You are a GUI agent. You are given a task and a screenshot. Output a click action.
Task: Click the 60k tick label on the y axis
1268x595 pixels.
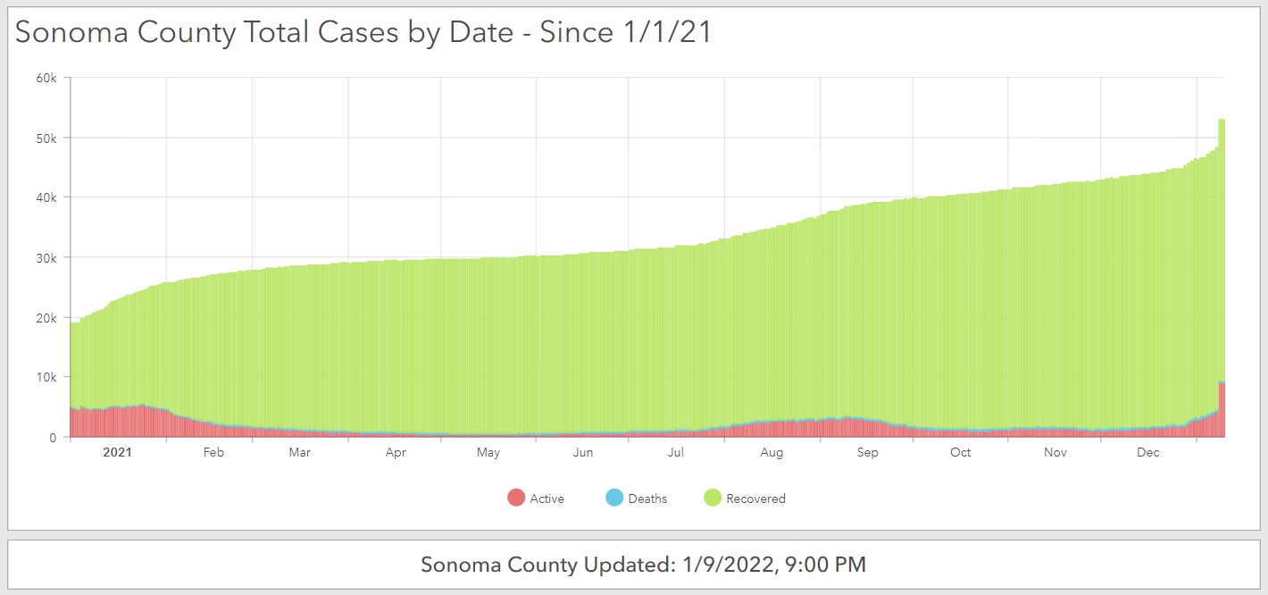tap(46, 78)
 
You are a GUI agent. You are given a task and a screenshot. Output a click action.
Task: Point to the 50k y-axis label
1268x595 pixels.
tap(46, 138)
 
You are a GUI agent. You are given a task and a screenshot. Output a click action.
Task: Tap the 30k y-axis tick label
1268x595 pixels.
tap(46, 257)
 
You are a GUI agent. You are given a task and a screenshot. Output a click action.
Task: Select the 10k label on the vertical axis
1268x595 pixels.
tap(46, 377)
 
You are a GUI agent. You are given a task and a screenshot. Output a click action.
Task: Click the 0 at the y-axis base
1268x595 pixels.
tap(54, 437)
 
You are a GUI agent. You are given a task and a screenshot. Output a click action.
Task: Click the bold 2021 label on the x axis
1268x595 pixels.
tap(117, 452)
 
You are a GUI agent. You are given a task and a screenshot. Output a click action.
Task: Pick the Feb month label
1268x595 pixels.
tap(213, 452)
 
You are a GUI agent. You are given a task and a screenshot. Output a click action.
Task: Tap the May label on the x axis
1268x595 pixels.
tap(488, 452)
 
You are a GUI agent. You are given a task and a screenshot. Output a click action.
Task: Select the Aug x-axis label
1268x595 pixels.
tap(772, 452)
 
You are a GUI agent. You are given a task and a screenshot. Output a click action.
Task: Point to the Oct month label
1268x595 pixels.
tap(960, 452)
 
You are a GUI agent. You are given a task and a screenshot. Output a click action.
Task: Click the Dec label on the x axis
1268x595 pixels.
tap(1148, 452)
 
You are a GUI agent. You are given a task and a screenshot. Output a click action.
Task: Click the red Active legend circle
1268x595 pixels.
tap(516, 499)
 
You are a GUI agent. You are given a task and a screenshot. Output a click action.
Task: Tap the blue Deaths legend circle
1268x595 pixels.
tap(614, 499)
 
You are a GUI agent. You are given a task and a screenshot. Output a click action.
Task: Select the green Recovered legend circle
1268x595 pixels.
tap(713, 499)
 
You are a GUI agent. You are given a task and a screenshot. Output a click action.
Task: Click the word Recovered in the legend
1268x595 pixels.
tap(755, 499)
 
